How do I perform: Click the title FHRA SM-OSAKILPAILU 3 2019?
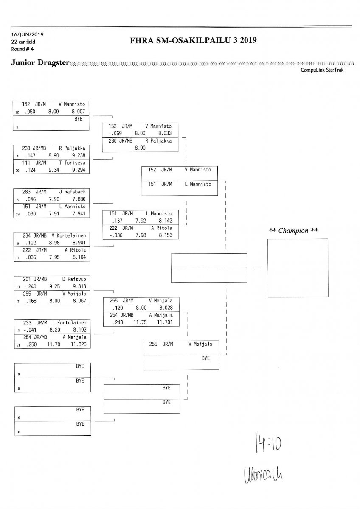pyautogui.click(x=194, y=41)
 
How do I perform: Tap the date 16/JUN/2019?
pyautogui.click(x=28, y=34)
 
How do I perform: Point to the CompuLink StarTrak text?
pyautogui.click(x=322, y=70)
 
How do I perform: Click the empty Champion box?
pyautogui.click(x=298, y=268)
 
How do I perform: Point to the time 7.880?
pyautogui.click(x=79, y=199)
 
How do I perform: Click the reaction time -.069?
pyautogui.click(x=115, y=133)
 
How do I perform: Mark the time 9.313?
pyautogui.click(x=79, y=286)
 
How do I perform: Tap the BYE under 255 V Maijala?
pyautogui.click(x=205, y=358)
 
